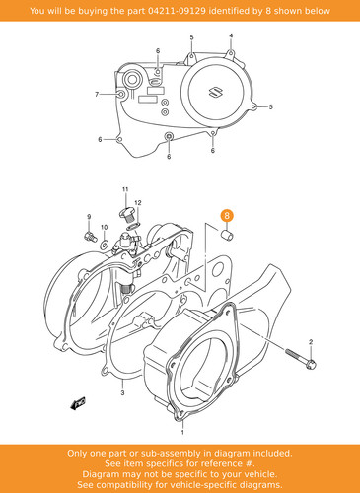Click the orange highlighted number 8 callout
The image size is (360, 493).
pyautogui.click(x=227, y=216)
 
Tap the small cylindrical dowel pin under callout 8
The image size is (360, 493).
pyautogui.click(x=227, y=235)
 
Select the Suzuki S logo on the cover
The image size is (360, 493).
pyautogui.click(x=215, y=93)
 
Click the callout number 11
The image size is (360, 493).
pyautogui.click(x=125, y=189)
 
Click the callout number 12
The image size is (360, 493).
pyautogui.click(x=138, y=203)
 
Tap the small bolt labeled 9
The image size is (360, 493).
pyautogui.click(x=90, y=236)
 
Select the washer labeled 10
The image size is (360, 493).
pyautogui.click(x=104, y=244)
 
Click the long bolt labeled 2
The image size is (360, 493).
pyautogui.click(x=301, y=359)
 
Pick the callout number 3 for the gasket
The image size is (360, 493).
pyautogui.click(x=122, y=392)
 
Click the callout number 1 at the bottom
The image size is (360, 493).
pyautogui.click(x=182, y=433)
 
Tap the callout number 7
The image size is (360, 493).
pyautogui.click(x=97, y=95)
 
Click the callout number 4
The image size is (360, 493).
pyautogui.click(x=231, y=35)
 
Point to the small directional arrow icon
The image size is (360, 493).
pyautogui.click(x=78, y=403)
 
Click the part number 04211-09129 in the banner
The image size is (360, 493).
pyautogui.click(x=177, y=11)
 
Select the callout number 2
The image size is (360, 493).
pyautogui.click(x=311, y=342)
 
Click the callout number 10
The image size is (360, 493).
pyautogui.click(x=104, y=227)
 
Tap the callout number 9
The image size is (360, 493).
pyautogui.click(x=89, y=217)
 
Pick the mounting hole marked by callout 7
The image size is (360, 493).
pyautogui.click(x=120, y=95)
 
